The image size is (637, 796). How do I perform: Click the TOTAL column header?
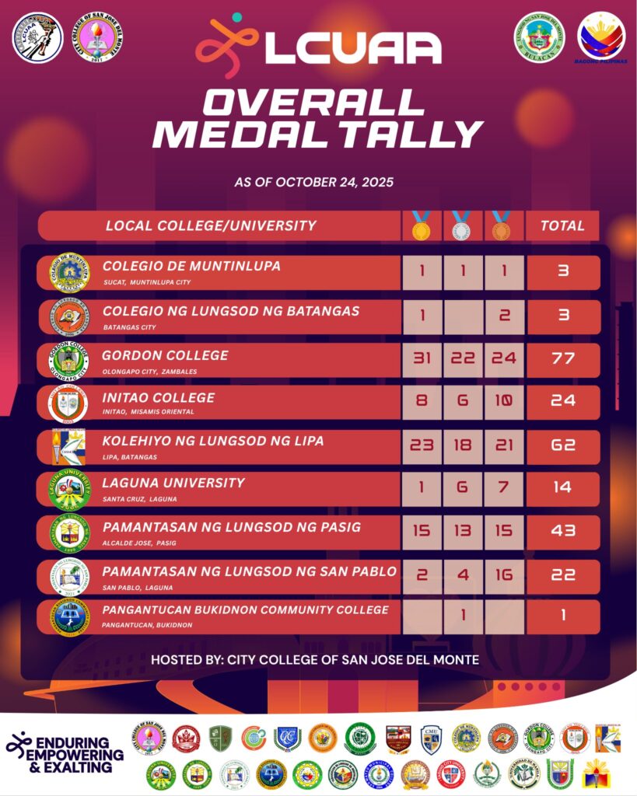point(562,226)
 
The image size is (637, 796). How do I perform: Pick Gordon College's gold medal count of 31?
point(421,359)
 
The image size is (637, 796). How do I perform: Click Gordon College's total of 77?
point(562,359)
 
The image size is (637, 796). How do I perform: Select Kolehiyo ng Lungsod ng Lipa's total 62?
point(562,445)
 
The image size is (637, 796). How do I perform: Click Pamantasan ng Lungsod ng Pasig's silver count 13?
point(461,531)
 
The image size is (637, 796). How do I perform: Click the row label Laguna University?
point(173,483)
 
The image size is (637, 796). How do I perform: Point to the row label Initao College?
point(158,398)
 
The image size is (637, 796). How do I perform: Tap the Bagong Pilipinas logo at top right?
point(601,37)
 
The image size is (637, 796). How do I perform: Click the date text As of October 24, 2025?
point(314,183)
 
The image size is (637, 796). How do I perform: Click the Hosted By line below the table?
point(315,660)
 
